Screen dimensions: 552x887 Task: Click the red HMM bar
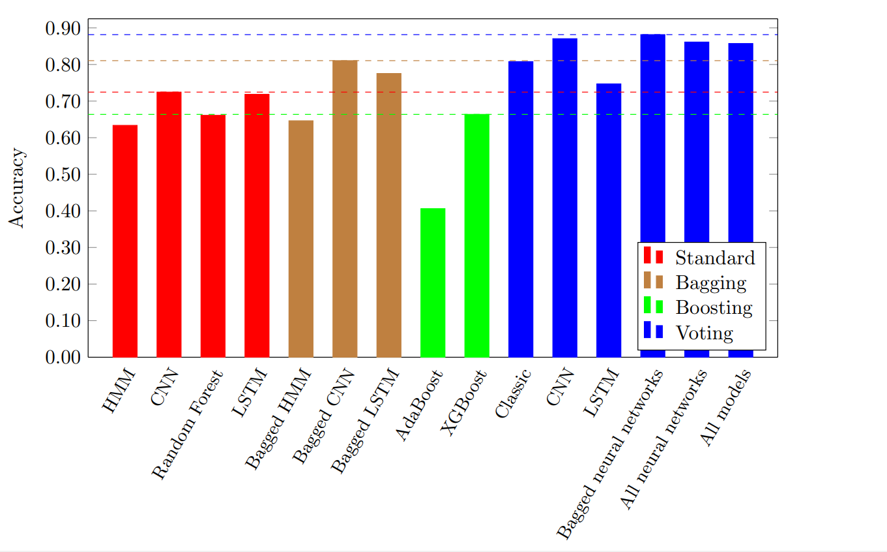125,241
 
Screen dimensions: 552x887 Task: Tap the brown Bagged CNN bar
345,209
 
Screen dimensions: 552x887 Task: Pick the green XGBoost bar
477,236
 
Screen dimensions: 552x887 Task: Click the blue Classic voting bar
521,209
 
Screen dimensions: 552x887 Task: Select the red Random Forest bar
213,236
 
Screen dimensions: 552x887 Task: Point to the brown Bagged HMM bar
300,238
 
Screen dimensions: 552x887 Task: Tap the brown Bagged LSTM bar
389,215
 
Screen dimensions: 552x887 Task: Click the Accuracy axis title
18,188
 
